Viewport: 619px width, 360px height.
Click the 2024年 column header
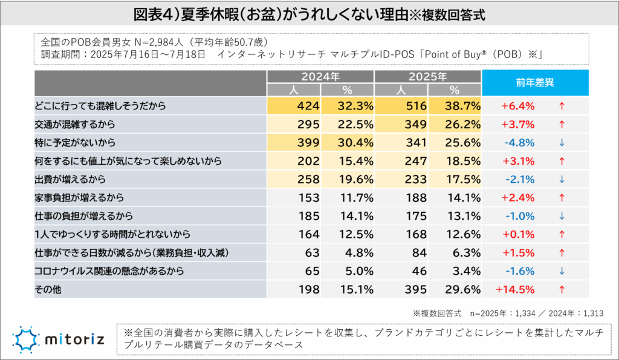point(320,77)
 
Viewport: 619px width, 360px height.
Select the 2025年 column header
point(427,77)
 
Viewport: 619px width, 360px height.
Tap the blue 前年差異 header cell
point(535,83)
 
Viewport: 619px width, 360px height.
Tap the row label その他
point(48,289)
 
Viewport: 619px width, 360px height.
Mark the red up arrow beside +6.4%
point(562,106)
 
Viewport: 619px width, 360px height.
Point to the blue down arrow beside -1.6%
point(562,271)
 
